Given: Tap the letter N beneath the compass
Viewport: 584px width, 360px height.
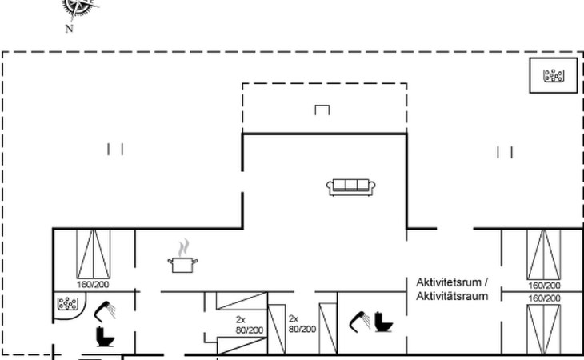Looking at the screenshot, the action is [x=70, y=29].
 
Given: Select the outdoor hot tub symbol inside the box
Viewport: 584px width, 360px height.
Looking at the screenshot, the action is [x=554, y=75].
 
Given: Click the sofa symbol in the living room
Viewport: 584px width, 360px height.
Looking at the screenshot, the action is [x=351, y=187].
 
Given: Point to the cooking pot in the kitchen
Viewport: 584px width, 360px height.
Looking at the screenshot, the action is [x=182, y=265].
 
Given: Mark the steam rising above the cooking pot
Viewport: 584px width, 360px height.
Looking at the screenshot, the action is [x=183, y=248].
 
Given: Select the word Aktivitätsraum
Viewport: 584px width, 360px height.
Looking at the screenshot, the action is [x=452, y=296].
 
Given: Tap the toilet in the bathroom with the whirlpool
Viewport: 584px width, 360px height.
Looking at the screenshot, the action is [x=105, y=337].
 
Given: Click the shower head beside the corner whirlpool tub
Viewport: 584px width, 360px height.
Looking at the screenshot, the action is [x=105, y=311].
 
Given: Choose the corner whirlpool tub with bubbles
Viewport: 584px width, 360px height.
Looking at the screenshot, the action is [x=70, y=306].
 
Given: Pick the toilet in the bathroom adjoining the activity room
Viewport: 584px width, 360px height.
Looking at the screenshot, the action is [x=384, y=322].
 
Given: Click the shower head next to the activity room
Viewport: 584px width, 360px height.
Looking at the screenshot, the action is [x=359, y=322].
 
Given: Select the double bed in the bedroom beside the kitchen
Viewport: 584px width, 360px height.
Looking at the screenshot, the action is [x=93, y=254].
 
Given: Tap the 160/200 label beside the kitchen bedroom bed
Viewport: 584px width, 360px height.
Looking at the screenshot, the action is [x=93, y=285].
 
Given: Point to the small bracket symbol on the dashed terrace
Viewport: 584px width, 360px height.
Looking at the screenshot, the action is [x=322, y=110].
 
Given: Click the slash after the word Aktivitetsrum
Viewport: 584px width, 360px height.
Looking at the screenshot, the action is [x=486, y=282].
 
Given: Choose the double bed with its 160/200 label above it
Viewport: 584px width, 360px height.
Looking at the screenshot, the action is [x=544, y=329].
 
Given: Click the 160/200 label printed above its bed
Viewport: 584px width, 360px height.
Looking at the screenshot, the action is [x=544, y=298].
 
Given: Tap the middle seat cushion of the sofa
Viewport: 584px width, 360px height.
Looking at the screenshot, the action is [x=351, y=185].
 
